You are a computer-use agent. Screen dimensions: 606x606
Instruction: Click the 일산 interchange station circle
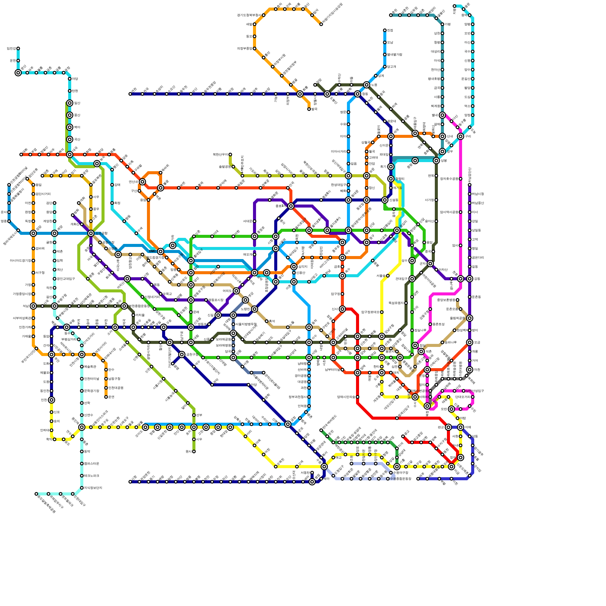click(x=70, y=103)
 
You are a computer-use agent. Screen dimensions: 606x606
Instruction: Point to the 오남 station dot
click(x=385, y=42)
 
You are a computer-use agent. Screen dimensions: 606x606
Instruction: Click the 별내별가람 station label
click(x=394, y=55)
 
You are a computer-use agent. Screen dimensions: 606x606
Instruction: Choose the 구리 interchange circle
click(x=461, y=136)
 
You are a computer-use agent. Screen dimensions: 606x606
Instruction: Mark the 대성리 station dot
click(x=442, y=52)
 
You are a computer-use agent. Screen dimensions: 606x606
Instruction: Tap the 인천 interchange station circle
click(x=52, y=400)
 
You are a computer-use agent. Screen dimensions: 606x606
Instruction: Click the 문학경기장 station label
click(x=91, y=391)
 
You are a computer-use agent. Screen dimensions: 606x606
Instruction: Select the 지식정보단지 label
click(x=93, y=488)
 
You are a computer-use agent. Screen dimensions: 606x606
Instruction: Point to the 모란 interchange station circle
click(x=451, y=409)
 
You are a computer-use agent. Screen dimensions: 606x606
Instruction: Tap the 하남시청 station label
click(x=478, y=194)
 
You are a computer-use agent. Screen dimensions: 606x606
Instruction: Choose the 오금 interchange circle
click(x=470, y=342)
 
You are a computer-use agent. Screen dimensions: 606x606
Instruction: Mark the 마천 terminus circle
click(x=470, y=370)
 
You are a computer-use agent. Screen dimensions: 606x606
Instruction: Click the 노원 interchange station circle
click(x=367, y=85)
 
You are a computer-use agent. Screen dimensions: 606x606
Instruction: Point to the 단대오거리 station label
click(x=462, y=397)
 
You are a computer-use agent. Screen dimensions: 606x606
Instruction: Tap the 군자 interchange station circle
click(x=430, y=264)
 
